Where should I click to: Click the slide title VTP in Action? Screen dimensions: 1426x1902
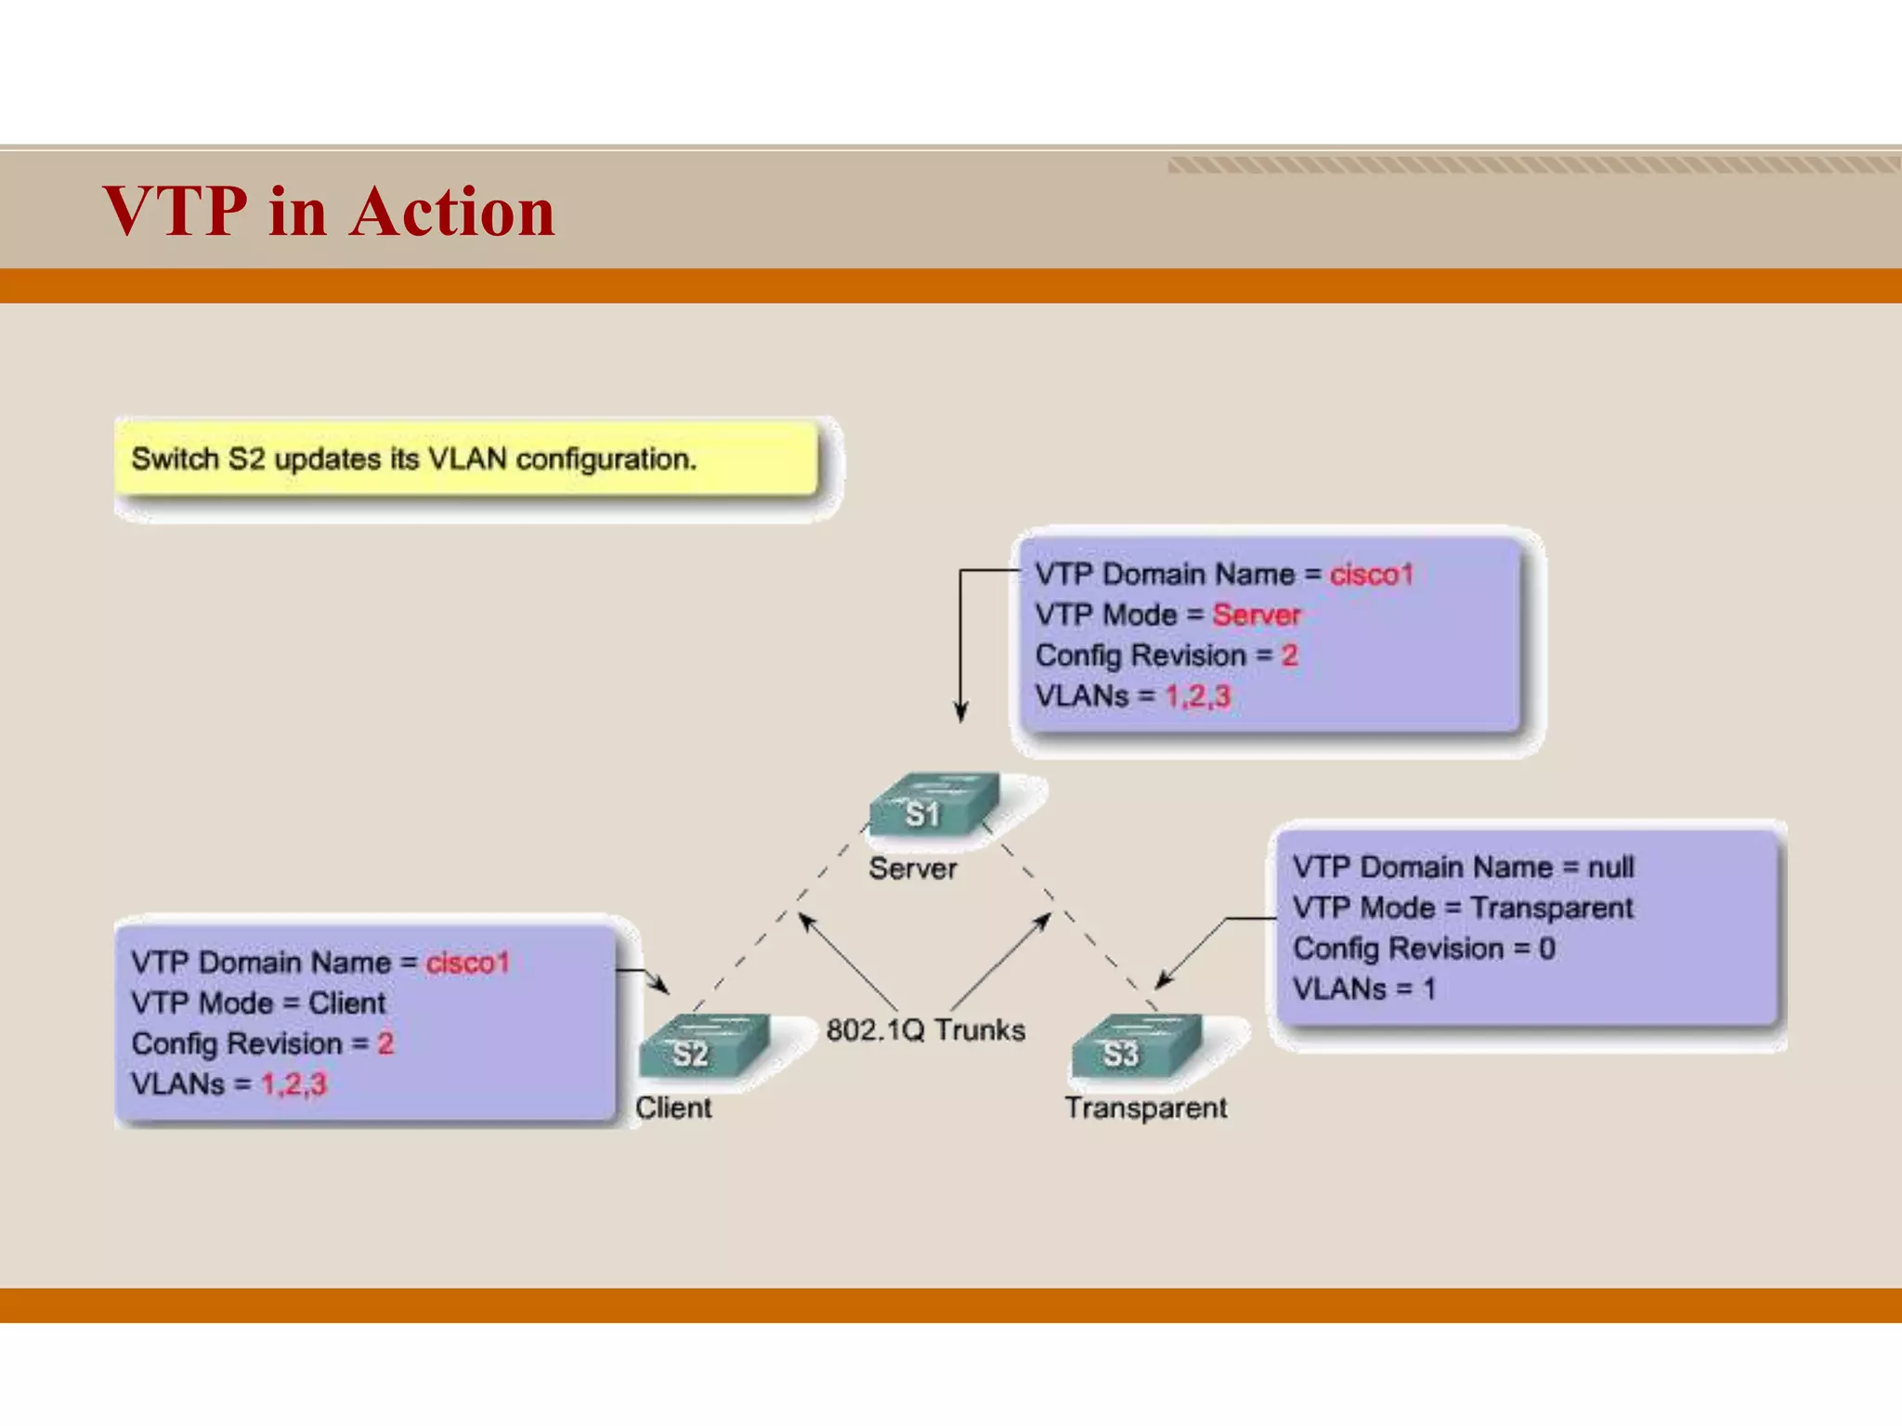click(329, 212)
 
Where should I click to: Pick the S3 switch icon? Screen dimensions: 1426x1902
click(1135, 1047)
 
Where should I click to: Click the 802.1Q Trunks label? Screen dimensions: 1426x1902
click(926, 1030)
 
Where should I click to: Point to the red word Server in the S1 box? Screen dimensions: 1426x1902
click(1256, 615)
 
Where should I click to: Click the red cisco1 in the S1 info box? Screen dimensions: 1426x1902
click(1371, 575)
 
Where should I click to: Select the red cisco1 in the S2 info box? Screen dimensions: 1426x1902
click(467, 963)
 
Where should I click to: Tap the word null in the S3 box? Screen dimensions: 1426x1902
click(1610, 867)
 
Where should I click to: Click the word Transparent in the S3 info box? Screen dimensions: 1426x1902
click(1552, 907)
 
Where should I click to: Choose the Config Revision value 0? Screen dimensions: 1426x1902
click(1546, 948)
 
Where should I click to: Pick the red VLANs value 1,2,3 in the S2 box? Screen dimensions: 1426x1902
click(293, 1083)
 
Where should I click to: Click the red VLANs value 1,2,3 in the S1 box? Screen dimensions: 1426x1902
click(1197, 695)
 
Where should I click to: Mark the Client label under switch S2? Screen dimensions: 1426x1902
click(673, 1108)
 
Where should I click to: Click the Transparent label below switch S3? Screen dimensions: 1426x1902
click(1145, 1108)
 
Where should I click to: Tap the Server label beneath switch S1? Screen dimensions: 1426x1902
click(912, 869)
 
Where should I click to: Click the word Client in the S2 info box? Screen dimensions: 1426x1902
click(346, 1003)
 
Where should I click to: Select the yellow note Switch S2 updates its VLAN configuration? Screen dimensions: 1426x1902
click(466, 459)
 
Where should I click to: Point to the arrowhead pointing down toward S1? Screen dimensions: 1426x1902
click(961, 713)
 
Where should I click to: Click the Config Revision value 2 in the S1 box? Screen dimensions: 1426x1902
click(1289, 655)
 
